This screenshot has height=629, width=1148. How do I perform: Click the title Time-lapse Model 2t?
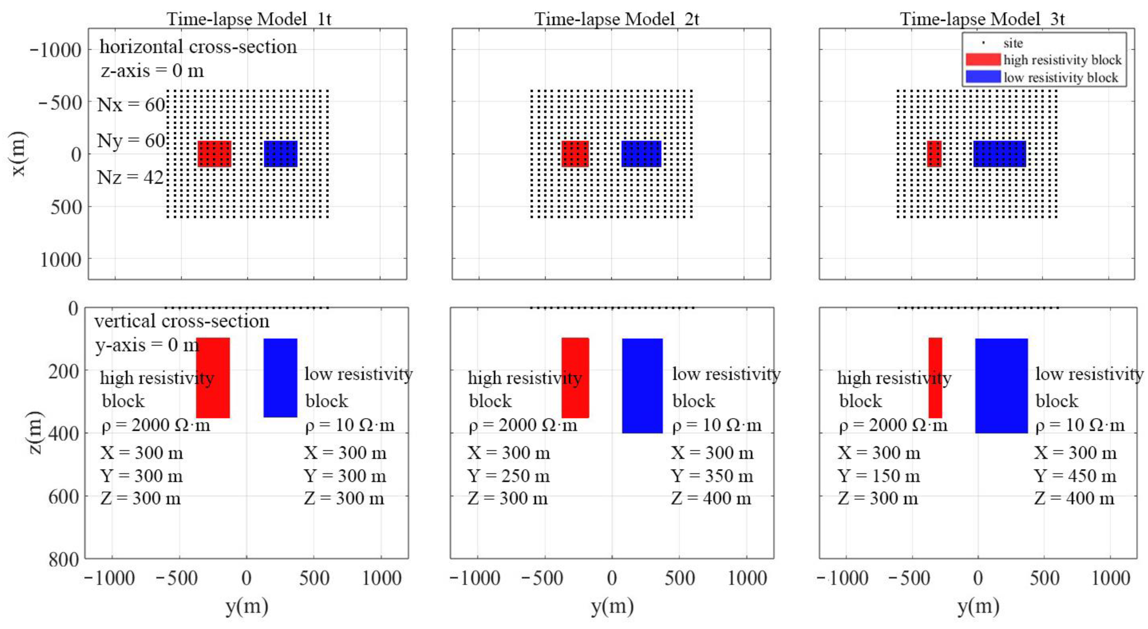click(x=617, y=19)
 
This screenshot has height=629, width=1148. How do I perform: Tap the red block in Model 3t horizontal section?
click(x=934, y=154)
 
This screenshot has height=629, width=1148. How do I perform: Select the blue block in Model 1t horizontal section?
click(x=280, y=154)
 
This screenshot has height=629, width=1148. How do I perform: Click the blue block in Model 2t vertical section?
click(x=642, y=386)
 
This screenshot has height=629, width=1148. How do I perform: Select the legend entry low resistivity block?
click(x=1061, y=77)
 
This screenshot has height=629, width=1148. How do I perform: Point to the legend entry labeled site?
click(x=1013, y=43)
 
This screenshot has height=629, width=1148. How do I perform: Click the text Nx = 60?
click(x=131, y=105)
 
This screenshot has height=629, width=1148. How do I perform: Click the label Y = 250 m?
click(x=508, y=476)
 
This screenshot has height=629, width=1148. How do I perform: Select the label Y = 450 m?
click(x=1075, y=476)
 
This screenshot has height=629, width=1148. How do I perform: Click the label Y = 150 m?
click(x=879, y=476)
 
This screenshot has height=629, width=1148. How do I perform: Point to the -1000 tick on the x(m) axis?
click(x=56, y=50)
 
